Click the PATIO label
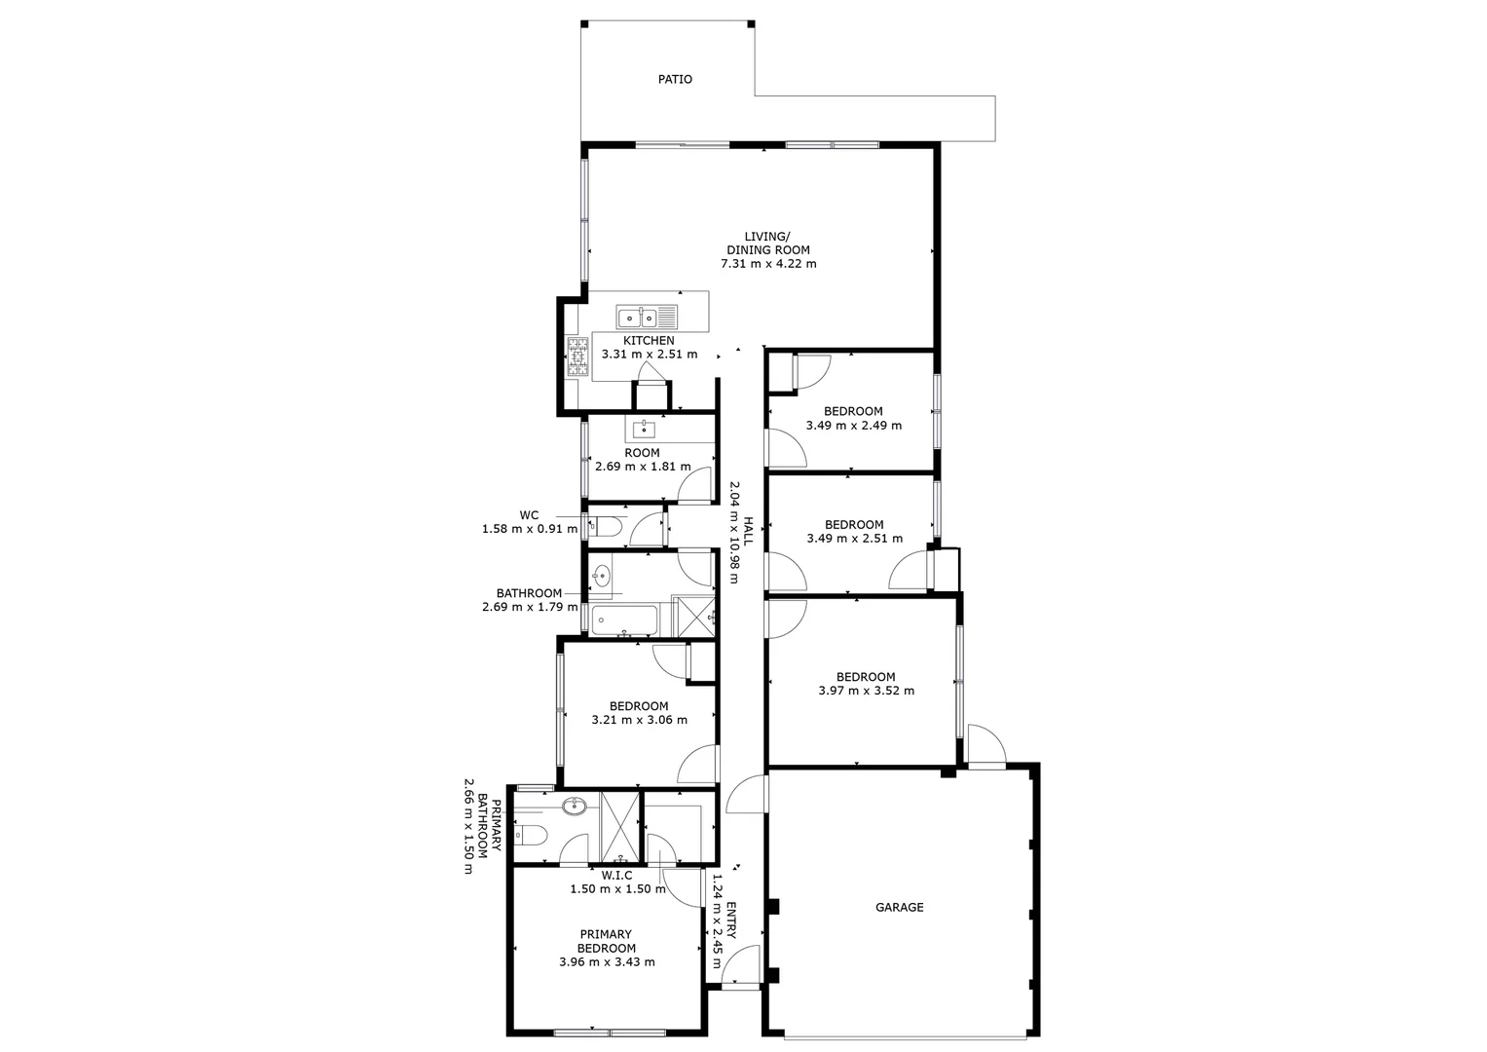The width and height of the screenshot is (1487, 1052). tap(675, 80)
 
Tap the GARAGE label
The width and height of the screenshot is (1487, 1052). tap(900, 907)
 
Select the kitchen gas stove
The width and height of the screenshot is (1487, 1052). tap(577, 357)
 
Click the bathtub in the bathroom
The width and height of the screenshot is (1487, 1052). tap(624, 621)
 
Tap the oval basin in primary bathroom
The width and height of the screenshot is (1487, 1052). tap(575, 807)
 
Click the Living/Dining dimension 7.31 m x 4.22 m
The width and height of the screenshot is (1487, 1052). tap(768, 264)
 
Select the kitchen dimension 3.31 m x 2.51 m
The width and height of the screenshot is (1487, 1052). tap(650, 355)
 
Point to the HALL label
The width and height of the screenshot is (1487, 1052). tap(748, 531)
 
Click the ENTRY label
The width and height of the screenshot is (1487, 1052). tap(731, 920)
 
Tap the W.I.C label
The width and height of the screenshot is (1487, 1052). tap(616, 876)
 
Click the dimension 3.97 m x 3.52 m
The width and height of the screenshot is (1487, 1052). tap(867, 691)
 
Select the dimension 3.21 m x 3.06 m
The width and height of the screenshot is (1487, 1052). tap(639, 720)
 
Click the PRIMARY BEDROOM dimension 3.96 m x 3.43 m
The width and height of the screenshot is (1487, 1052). tap(607, 962)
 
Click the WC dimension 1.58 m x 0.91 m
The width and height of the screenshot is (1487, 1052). tap(530, 530)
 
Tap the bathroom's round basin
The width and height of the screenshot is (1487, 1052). tap(602, 575)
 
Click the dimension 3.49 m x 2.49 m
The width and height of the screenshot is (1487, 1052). tap(854, 426)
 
